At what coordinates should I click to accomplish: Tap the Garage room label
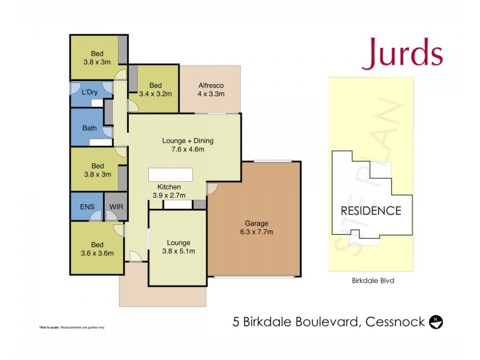click(x=256, y=223)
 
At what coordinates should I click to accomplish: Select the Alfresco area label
click(x=211, y=85)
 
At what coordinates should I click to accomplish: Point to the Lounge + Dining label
click(x=188, y=141)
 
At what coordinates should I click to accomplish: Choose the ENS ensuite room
click(x=86, y=207)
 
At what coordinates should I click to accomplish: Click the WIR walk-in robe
click(x=115, y=207)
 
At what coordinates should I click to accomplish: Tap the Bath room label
click(x=89, y=128)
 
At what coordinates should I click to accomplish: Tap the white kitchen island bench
click(x=171, y=174)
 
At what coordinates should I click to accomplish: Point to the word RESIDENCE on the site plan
click(x=371, y=211)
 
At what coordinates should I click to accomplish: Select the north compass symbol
click(x=437, y=322)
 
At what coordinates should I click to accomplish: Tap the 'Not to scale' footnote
click(x=72, y=327)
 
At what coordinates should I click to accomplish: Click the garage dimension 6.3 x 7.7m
click(x=256, y=232)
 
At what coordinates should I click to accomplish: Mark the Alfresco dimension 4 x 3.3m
click(x=211, y=94)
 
